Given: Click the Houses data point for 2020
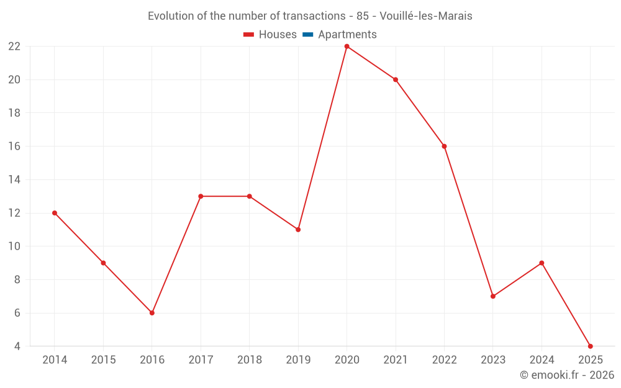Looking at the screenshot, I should (x=347, y=47).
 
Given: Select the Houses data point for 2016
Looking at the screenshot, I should (x=152, y=313).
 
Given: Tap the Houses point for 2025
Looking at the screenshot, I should (x=590, y=346).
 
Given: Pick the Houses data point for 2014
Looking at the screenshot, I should (x=55, y=213).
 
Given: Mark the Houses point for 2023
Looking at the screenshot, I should (x=493, y=296).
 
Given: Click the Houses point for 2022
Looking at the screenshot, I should (x=444, y=147).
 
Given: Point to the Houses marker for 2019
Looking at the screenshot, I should (x=298, y=230).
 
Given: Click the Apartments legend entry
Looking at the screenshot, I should (x=347, y=35).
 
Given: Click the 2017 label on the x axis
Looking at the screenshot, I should (x=201, y=360).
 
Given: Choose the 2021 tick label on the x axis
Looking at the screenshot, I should (x=396, y=360).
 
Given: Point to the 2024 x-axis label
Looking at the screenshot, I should (x=542, y=360).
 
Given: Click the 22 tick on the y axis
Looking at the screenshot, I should (x=14, y=47).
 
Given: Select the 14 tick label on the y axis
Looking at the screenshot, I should (x=14, y=180).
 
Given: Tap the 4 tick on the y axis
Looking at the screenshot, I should (x=17, y=346).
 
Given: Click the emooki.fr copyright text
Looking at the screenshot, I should (x=567, y=375).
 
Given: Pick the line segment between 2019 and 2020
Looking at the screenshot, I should (x=322, y=138).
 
